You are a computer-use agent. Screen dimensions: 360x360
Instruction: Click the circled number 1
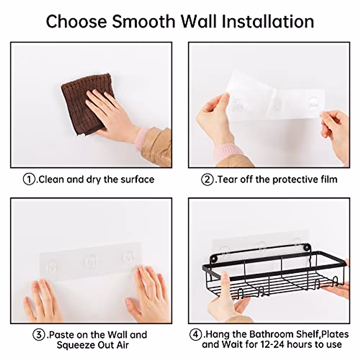coord(29,179)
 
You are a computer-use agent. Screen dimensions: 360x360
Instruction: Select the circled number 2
coord(207,179)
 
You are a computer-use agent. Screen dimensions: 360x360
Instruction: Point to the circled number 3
coord(39,334)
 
